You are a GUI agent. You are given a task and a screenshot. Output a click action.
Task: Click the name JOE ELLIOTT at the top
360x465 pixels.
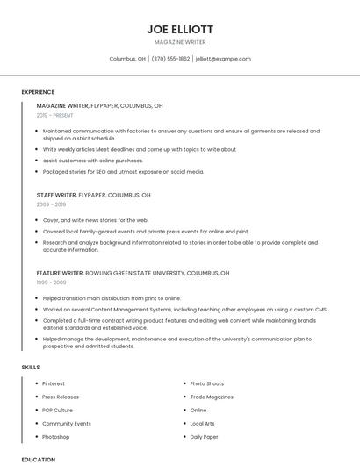[x=180, y=29]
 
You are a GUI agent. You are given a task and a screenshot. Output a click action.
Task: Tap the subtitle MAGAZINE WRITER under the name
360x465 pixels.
[x=180, y=42]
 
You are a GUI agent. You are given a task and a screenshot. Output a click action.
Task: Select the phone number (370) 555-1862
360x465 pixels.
[x=170, y=59]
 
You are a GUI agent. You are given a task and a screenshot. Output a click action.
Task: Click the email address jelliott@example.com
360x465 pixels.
[x=223, y=59]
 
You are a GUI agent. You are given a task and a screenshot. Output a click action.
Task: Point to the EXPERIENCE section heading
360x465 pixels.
[x=38, y=92]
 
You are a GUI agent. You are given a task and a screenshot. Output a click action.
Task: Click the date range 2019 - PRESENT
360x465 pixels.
[x=55, y=115]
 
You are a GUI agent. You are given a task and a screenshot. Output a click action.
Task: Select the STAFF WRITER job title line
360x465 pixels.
[x=94, y=195]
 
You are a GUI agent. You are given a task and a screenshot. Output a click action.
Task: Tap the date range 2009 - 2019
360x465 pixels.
[x=51, y=204]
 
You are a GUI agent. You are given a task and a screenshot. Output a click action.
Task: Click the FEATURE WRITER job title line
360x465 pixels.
[x=133, y=273]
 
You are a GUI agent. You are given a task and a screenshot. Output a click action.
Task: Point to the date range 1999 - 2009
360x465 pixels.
[x=51, y=283]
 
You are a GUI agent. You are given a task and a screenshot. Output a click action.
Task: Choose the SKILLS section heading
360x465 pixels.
[x=31, y=367]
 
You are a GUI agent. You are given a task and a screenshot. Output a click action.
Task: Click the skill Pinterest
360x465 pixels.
[x=54, y=383]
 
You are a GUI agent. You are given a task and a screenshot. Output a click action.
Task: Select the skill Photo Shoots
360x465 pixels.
[x=207, y=383]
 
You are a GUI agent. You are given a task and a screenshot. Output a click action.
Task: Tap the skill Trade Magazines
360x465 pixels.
[x=212, y=397]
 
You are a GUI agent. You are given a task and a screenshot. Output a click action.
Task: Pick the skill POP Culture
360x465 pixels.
[x=58, y=410]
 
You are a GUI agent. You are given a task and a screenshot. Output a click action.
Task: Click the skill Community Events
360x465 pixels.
[x=67, y=423]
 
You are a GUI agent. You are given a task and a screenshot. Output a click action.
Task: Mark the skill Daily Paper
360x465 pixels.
[x=205, y=436]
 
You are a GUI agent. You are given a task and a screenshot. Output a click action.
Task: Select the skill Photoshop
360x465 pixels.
[x=56, y=436]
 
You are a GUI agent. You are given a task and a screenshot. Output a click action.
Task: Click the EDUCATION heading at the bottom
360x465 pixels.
[x=38, y=459]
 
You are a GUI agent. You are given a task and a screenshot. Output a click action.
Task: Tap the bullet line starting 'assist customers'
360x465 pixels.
[x=92, y=161]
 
